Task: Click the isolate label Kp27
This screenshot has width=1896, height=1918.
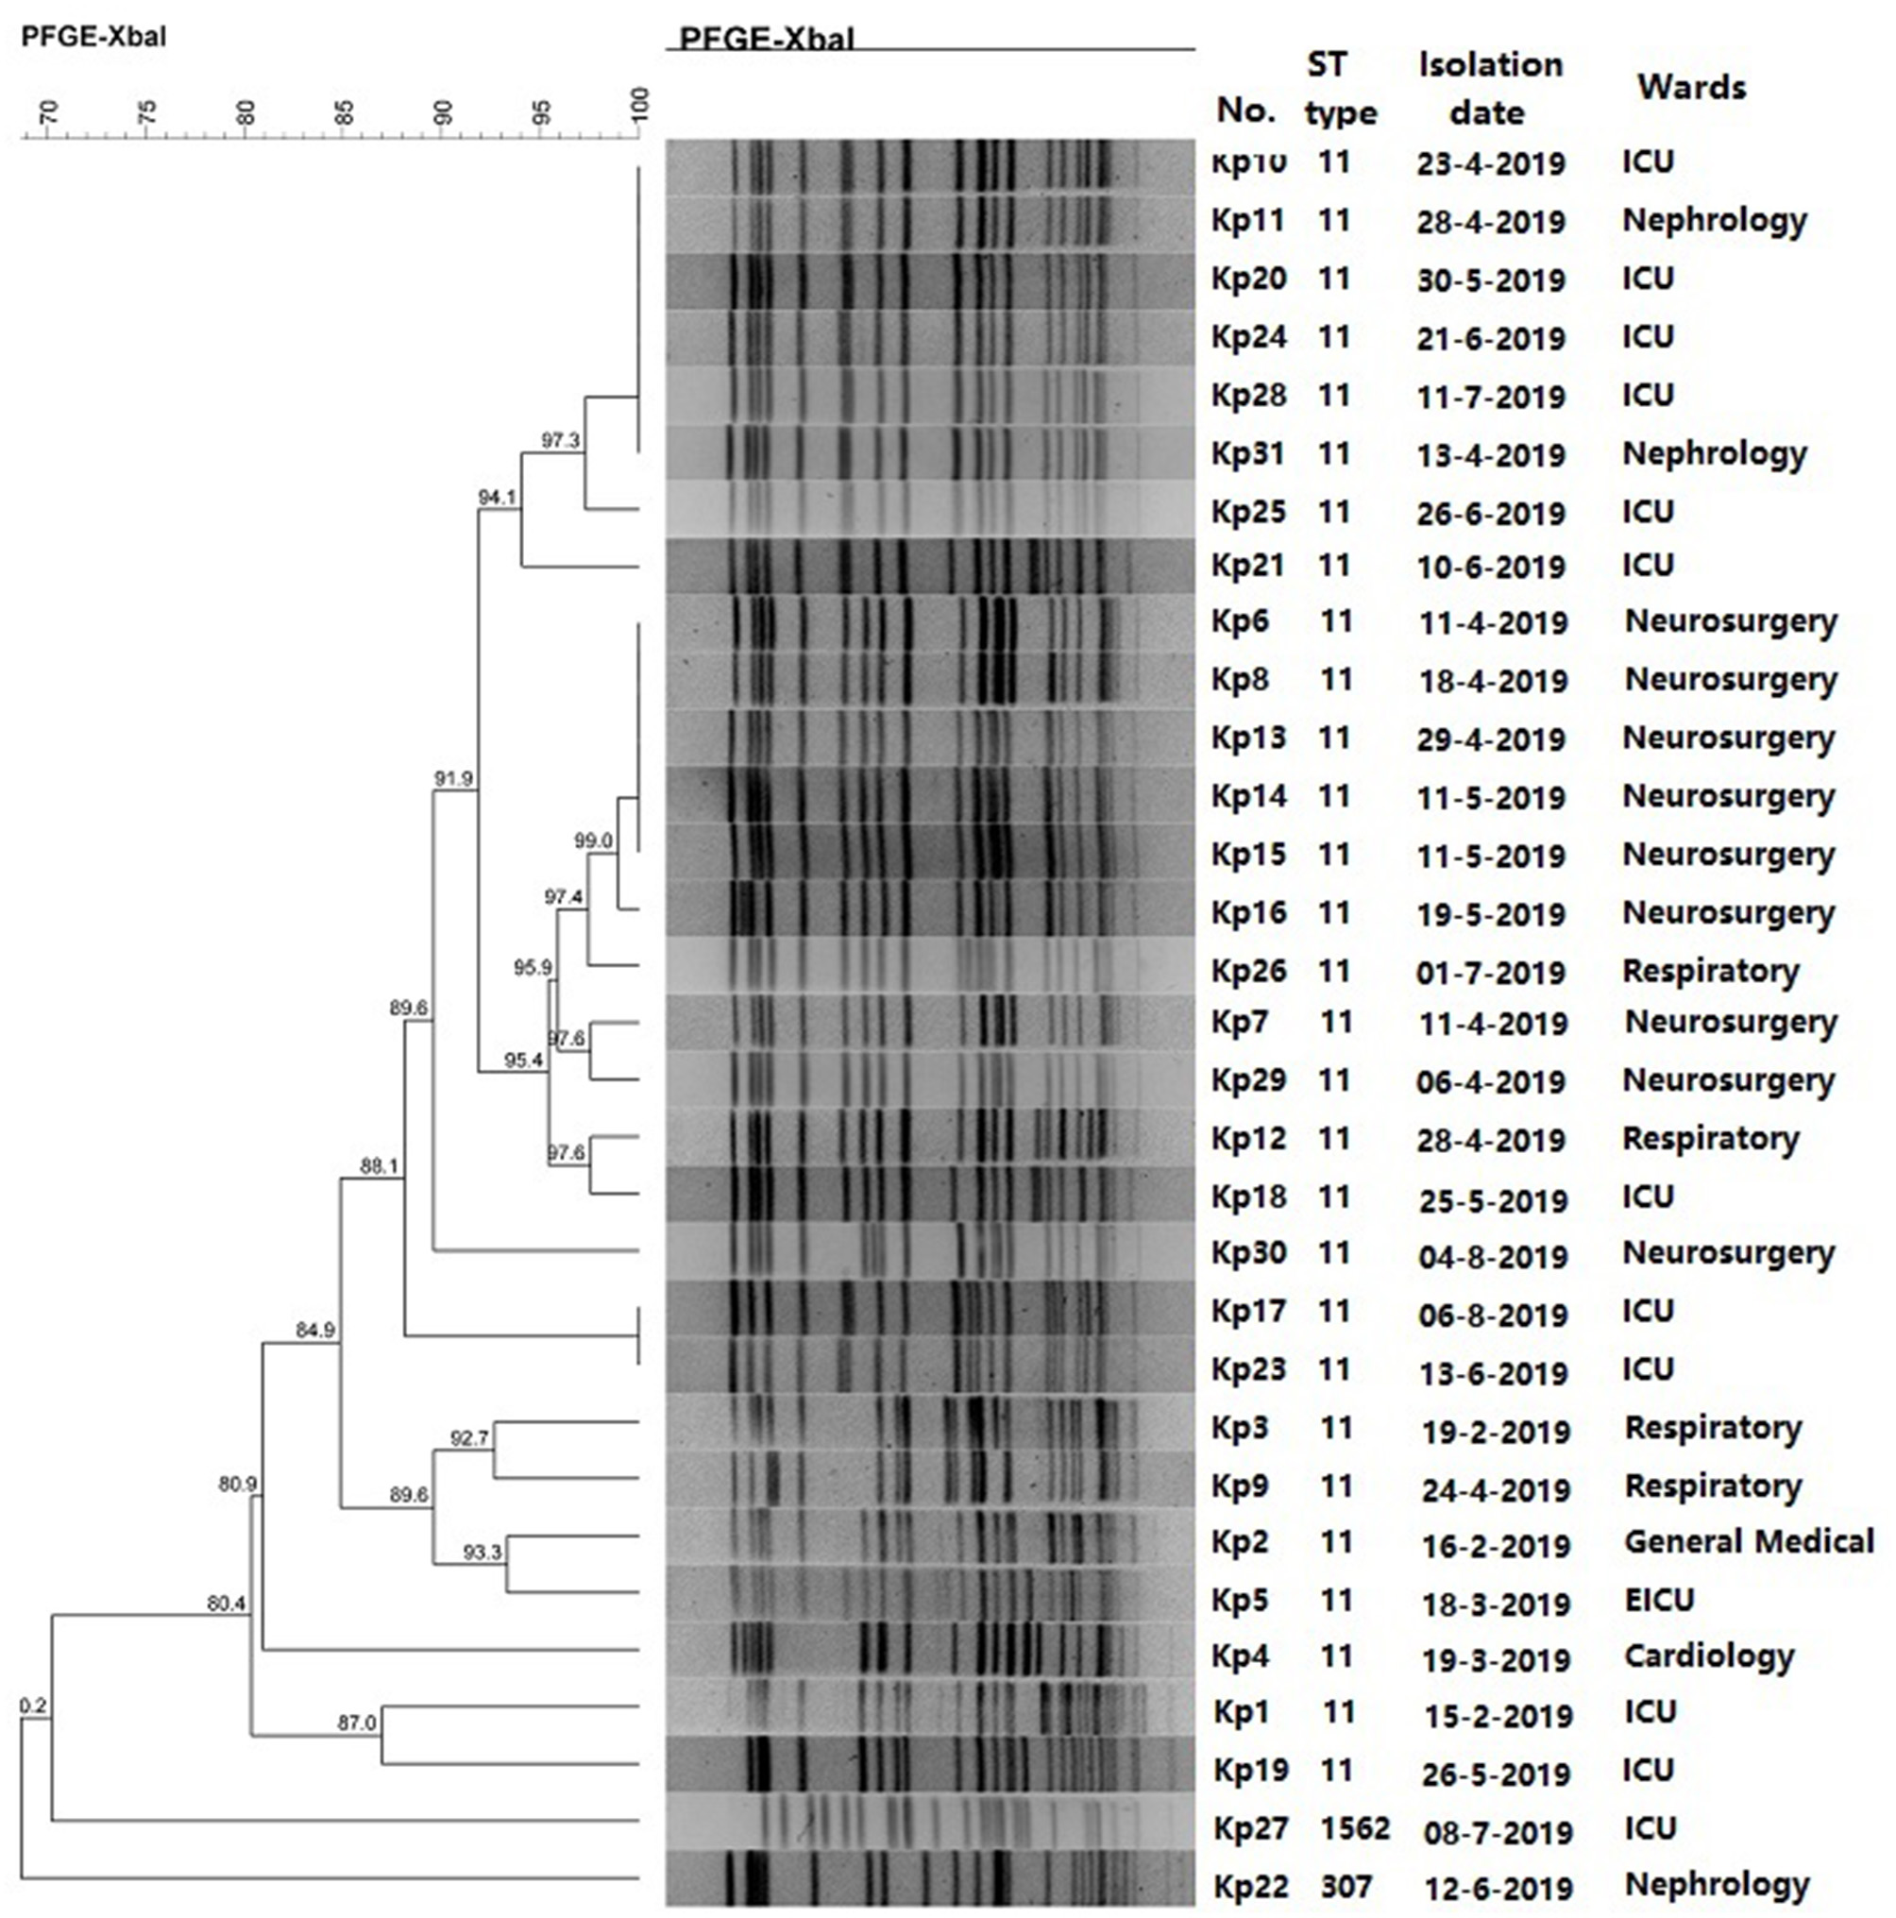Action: [x=1250, y=1827]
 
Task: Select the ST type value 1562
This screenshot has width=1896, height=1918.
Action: [x=1354, y=1827]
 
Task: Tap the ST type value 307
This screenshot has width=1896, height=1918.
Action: [x=1346, y=1886]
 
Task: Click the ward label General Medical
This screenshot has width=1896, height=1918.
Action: [x=1748, y=1541]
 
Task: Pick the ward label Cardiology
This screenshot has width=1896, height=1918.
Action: [x=1708, y=1655]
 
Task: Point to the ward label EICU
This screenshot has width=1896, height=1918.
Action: [x=1659, y=1600]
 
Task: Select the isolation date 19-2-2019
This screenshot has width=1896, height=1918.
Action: [x=1495, y=1431]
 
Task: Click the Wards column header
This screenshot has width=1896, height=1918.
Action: [x=1691, y=88]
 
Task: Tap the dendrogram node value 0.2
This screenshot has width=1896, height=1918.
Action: [x=33, y=1706]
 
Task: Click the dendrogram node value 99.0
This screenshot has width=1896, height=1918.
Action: [x=593, y=840]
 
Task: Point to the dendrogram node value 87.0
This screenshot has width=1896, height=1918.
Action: [x=356, y=1723]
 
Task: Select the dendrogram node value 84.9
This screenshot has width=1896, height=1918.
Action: [x=314, y=1330]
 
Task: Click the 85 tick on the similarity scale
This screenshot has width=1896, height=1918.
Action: [x=344, y=112]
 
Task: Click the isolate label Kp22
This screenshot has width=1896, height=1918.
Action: [x=1250, y=1886]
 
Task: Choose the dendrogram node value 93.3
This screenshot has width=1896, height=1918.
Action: [x=482, y=1552]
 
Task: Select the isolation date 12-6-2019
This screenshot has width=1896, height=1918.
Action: [x=1498, y=1888]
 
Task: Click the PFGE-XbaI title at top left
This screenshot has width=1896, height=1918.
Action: [x=93, y=38]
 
